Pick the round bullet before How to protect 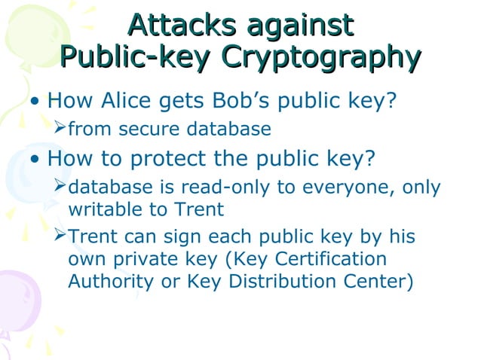click(35, 160)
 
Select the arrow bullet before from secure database click(60, 130)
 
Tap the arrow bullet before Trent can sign click(60, 237)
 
